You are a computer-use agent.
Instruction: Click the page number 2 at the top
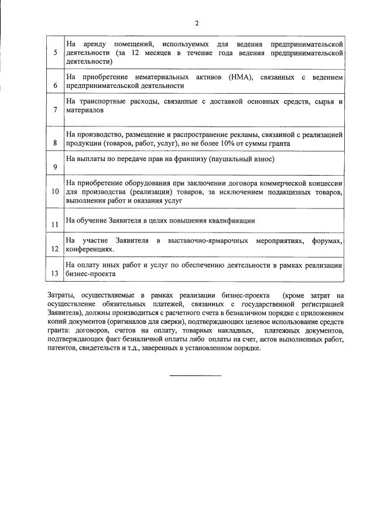point(197,23)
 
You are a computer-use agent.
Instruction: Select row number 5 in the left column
point(54,53)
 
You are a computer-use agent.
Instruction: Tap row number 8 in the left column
point(54,142)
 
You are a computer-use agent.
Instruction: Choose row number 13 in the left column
point(54,273)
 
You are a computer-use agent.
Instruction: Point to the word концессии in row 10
point(323,183)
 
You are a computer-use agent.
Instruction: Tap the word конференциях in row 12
point(90,249)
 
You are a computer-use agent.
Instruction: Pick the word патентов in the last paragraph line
point(61,347)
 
